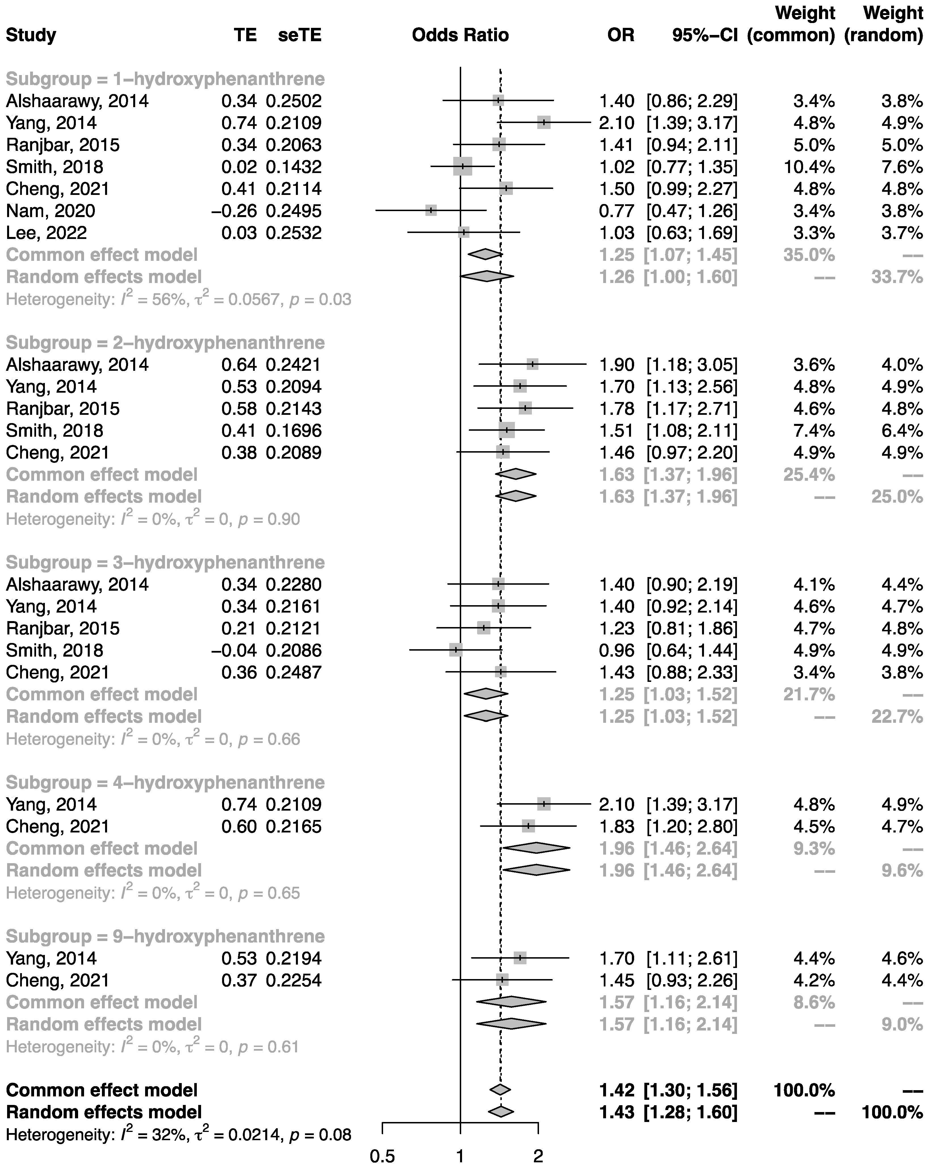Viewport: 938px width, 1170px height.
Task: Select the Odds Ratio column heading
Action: point(460,35)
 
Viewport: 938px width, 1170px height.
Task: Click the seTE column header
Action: point(300,35)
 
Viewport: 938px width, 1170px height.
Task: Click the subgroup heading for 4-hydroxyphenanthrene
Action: point(166,782)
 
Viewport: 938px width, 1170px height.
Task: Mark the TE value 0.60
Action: point(239,827)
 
